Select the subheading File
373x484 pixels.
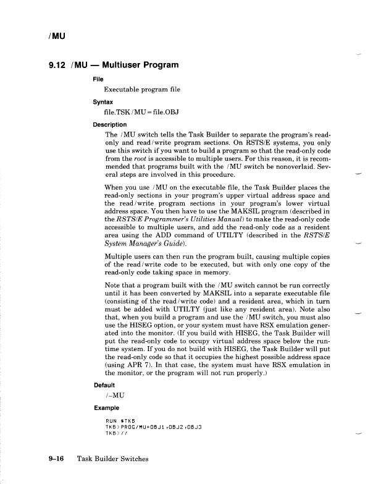point(98,79)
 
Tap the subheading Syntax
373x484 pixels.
point(103,101)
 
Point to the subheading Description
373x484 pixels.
point(109,124)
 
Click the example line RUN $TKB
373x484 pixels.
point(122,421)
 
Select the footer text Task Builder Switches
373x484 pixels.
point(114,459)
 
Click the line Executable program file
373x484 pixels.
point(142,90)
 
